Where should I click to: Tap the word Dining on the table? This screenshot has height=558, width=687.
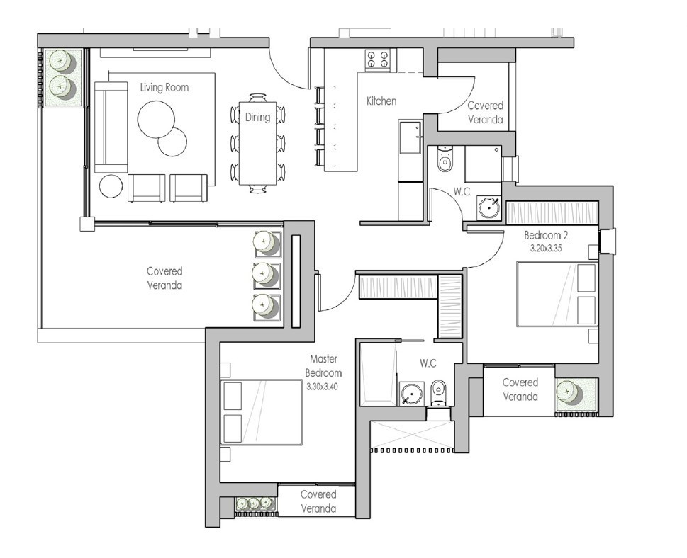tap(257, 118)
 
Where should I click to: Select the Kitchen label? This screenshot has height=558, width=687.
tap(381, 101)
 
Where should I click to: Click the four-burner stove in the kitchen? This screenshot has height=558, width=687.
tap(378, 59)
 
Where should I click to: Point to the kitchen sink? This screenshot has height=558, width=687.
tap(409, 137)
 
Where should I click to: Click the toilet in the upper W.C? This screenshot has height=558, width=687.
tap(445, 160)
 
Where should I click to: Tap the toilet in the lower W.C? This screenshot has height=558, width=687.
tap(439, 389)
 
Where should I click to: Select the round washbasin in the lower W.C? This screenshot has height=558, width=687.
tap(410, 393)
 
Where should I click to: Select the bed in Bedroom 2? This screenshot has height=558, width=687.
tap(557, 294)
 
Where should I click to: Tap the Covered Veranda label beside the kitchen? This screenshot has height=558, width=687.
tap(486, 113)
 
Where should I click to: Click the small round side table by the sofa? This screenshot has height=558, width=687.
tap(111, 186)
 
